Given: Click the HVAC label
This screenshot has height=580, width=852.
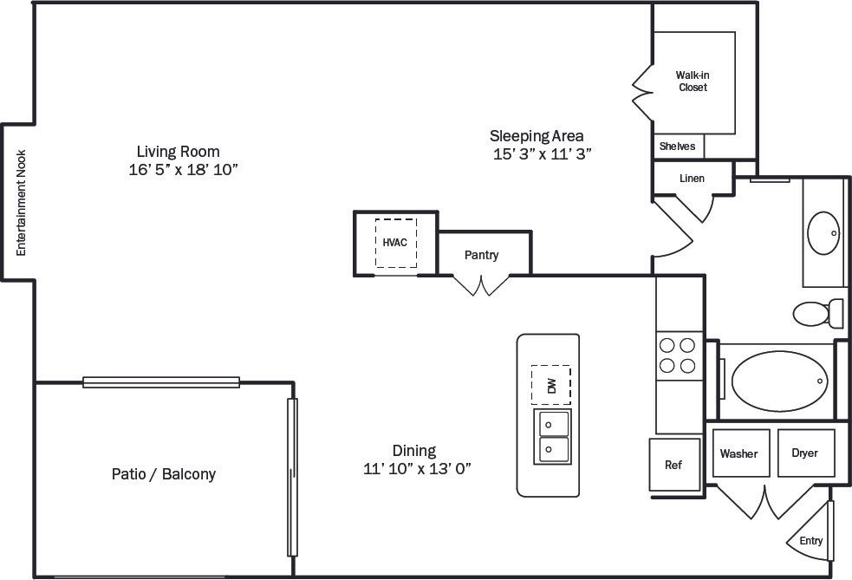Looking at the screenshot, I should tap(395, 243).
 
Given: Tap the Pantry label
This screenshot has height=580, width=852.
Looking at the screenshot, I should tap(481, 255).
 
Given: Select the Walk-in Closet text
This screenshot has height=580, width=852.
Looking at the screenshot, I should tap(693, 81).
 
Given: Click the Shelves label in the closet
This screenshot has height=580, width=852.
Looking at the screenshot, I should tap(677, 147).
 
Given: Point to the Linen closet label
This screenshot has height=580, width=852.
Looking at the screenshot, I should tap(692, 179).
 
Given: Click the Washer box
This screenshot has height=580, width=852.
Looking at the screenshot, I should tap(738, 453).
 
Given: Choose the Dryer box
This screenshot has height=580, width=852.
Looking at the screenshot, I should tap(805, 453).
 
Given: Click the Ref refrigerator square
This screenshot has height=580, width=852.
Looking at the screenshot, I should tap(673, 465).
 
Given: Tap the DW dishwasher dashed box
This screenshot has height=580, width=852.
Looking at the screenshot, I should tap(551, 385).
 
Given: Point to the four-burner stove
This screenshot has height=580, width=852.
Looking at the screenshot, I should tap(678, 355).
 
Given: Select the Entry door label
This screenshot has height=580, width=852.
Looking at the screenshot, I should tap(811, 541).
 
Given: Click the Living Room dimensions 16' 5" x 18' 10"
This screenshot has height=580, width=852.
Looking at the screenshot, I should tap(183, 171).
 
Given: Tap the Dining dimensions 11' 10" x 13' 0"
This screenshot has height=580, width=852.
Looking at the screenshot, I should tap(417, 469).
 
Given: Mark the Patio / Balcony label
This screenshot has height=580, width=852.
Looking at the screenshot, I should tap(164, 474).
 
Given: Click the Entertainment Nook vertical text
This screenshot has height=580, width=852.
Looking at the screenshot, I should tap(23, 203).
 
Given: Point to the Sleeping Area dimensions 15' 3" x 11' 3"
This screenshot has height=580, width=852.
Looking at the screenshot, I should tap(542, 154).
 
